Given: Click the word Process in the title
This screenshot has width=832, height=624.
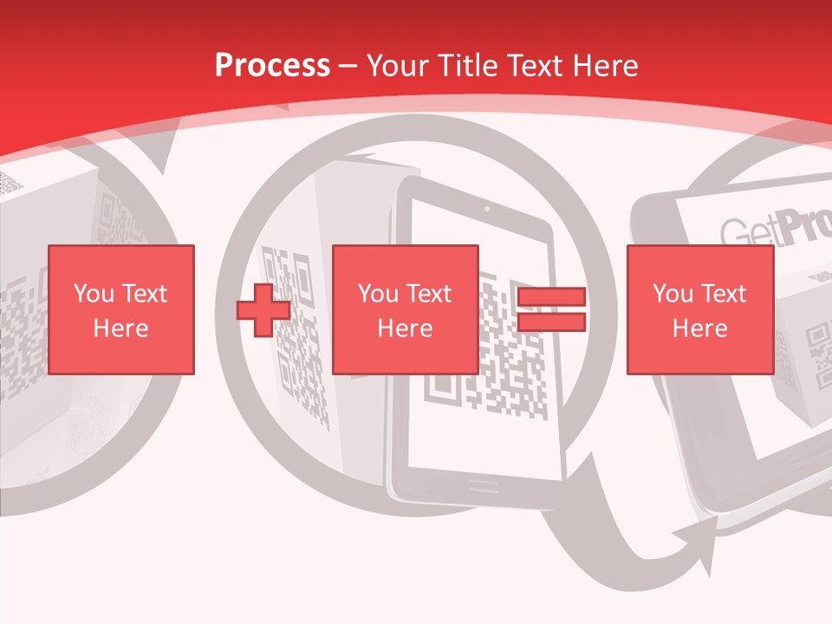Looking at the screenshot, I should [272, 66].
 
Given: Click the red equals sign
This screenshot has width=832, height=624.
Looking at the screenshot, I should [551, 310].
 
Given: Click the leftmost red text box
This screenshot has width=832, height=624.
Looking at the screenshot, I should [121, 309].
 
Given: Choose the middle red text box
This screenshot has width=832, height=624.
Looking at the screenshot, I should [406, 309].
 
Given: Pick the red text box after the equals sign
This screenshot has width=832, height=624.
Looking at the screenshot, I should [699, 309].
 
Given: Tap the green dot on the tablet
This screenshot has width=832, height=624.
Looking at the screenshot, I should [487, 208].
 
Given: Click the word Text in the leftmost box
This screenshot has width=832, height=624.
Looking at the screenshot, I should [143, 294].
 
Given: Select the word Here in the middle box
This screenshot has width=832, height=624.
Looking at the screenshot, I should [406, 328].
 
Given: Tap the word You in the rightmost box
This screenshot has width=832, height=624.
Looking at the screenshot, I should [673, 294].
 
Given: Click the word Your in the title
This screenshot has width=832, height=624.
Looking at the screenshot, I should [398, 66].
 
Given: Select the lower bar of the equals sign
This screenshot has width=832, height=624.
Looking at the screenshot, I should [551, 322].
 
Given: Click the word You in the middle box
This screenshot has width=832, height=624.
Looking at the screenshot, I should [378, 294].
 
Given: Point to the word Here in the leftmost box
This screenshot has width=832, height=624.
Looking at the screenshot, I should [121, 328].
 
